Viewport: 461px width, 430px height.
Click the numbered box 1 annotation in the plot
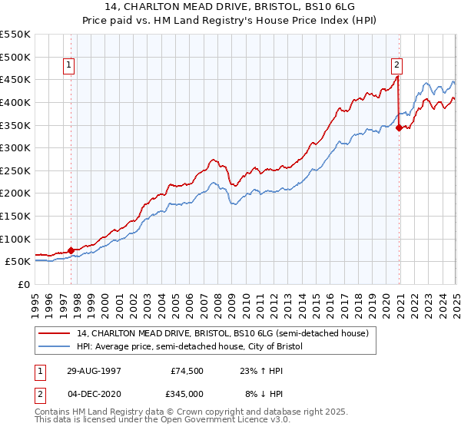click(69, 66)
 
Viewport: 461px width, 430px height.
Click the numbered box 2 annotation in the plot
click(396, 66)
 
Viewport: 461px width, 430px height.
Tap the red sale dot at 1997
click(71, 250)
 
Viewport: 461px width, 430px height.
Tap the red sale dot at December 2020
click(400, 128)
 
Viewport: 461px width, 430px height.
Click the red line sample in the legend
click(55, 333)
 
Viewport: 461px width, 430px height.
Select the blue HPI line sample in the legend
click(55, 346)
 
